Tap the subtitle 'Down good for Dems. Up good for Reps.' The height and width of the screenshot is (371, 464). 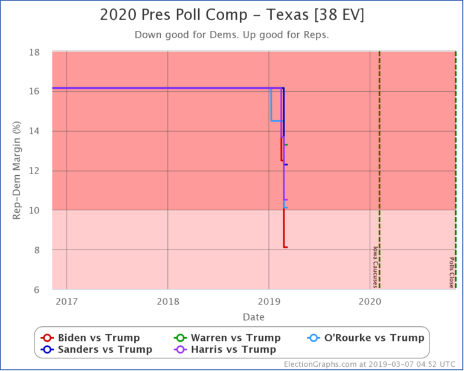coord(231,35)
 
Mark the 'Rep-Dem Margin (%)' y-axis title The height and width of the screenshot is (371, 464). coord(18,172)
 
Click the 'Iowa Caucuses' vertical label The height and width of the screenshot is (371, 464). coord(375,266)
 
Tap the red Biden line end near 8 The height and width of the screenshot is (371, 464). coord(285,247)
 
